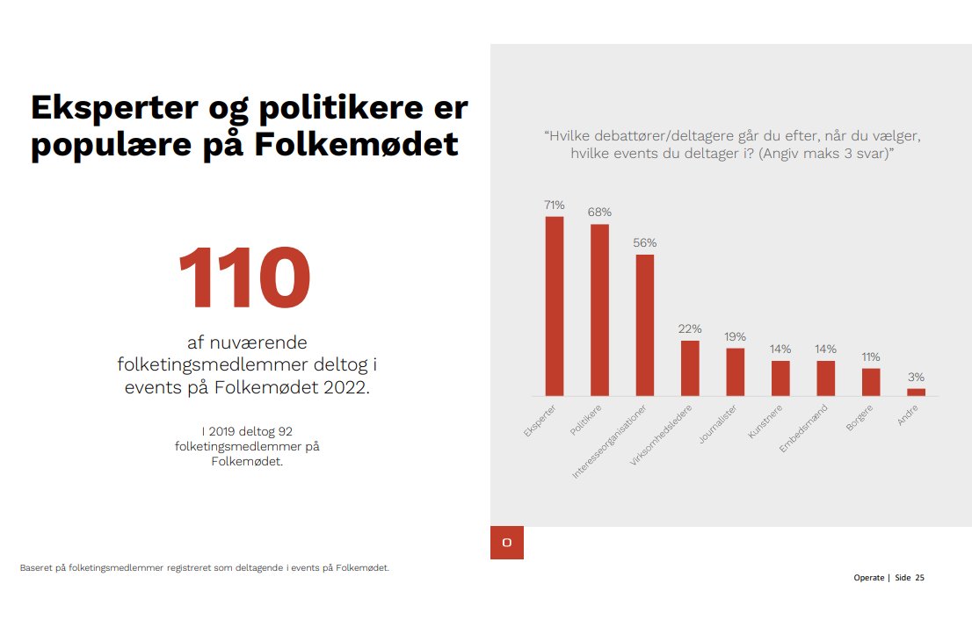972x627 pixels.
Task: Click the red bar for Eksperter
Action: click(x=555, y=306)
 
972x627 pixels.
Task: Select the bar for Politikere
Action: click(x=599, y=310)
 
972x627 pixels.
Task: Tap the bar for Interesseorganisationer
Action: click(x=645, y=325)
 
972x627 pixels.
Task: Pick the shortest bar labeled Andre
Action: click(x=916, y=392)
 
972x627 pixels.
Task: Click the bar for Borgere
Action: click(x=871, y=381)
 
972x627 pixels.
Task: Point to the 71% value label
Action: click(x=555, y=205)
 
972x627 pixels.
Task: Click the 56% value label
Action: click(x=645, y=242)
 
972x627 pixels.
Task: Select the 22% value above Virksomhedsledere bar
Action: click(x=690, y=328)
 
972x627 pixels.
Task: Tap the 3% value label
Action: click(x=916, y=377)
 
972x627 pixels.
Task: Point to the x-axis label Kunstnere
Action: click(x=765, y=422)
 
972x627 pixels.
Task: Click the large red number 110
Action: click(x=243, y=278)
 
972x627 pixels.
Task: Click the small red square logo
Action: click(x=507, y=543)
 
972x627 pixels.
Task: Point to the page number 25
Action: click(x=919, y=578)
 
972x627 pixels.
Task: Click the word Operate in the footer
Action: click(x=868, y=578)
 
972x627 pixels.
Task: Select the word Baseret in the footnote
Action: click(x=36, y=567)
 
